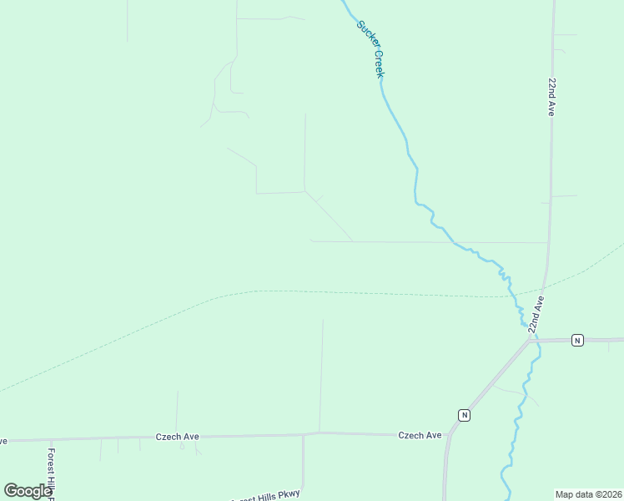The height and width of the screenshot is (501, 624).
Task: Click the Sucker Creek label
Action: tap(370, 49)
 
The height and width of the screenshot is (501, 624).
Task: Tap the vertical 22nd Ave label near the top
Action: tap(551, 98)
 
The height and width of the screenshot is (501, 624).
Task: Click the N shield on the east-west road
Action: tap(576, 340)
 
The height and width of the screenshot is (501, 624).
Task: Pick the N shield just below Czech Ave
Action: tap(465, 415)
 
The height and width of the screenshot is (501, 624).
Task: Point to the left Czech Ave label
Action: tap(178, 437)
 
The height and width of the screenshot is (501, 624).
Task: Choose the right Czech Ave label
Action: tap(420, 435)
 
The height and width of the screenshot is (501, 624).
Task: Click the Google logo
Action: tap(28, 491)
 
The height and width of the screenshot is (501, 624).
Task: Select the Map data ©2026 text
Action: tap(588, 494)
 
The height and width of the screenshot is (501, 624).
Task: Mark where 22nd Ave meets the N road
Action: tap(531, 341)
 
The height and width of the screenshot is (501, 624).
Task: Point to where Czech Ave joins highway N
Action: tap(450, 433)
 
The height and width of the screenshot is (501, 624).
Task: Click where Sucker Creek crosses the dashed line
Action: tap(511, 296)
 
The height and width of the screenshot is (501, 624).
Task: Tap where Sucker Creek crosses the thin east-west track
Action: tap(455, 243)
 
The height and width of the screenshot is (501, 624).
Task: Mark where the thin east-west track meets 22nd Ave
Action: tap(548, 243)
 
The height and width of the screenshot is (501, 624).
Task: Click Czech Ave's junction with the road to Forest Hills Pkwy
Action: tap(303, 434)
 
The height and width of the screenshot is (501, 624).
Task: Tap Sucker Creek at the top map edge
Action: tap(343, 3)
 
